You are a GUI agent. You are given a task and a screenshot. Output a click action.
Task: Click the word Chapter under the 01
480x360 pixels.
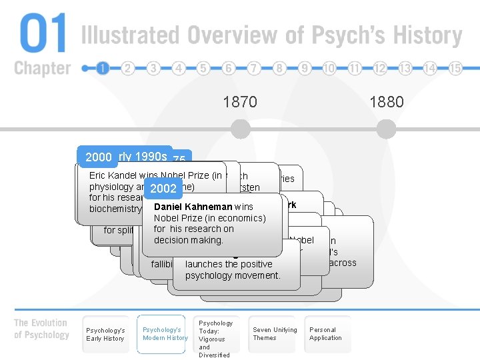coord(42,68)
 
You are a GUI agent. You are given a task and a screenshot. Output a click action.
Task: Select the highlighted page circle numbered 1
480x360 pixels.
coord(103,68)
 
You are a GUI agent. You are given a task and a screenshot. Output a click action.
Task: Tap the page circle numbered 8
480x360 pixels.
coord(279,68)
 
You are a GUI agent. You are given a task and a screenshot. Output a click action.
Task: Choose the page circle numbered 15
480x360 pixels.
coord(455,68)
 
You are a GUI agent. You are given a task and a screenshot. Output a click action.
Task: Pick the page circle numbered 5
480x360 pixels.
coord(203,68)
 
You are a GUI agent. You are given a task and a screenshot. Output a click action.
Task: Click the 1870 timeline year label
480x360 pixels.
coord(240,102)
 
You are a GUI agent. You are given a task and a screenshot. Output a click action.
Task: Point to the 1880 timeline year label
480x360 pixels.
coord(387,102)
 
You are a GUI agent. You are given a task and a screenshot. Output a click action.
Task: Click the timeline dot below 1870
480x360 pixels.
coord(240,128)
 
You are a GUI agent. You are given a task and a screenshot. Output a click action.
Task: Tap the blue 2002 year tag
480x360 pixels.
coord(163,189)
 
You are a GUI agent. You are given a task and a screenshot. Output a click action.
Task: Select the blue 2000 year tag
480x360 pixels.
coord(98,157)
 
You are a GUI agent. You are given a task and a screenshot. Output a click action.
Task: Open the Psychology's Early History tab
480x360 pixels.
coord(105,334)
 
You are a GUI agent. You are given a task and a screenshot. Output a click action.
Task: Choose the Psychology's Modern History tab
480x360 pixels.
coord(165,334)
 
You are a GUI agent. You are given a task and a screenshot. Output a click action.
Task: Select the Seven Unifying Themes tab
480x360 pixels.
coord(275,334)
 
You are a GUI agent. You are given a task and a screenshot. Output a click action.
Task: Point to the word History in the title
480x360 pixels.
coord(423,35)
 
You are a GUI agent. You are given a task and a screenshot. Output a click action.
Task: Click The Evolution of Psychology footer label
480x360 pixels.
coord(41,329)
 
